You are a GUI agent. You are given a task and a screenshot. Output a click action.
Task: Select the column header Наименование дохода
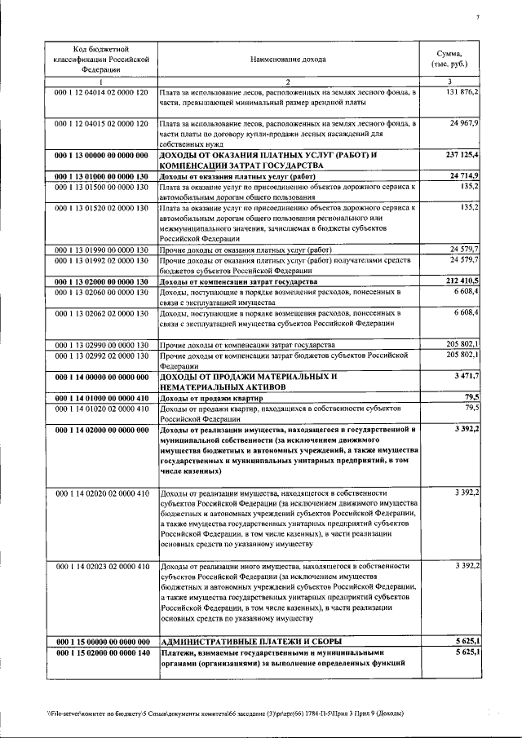(287, 60)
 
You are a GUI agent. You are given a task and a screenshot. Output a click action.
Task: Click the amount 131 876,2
(462, 93)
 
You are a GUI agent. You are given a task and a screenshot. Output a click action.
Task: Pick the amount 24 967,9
(464, 122)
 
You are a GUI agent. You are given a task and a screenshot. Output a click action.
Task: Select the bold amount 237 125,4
(462, 153)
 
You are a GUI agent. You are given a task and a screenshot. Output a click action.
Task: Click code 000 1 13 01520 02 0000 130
(101, 208)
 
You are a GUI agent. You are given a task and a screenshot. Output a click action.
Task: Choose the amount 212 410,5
(462, 281)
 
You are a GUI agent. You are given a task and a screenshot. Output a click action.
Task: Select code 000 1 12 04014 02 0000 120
(101, 93)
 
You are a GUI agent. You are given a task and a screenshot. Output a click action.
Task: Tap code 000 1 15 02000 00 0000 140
(101, 653)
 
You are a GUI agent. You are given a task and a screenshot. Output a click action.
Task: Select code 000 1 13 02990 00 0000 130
(101, 345)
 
